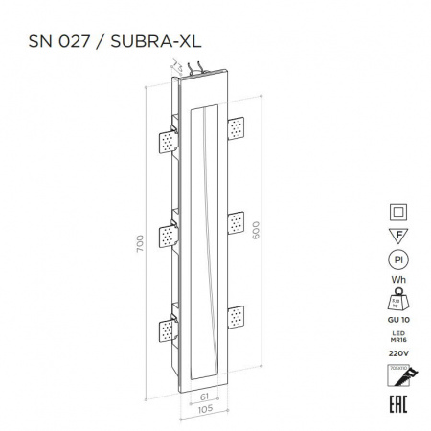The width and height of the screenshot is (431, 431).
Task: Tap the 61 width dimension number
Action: [x=204, y=394]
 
